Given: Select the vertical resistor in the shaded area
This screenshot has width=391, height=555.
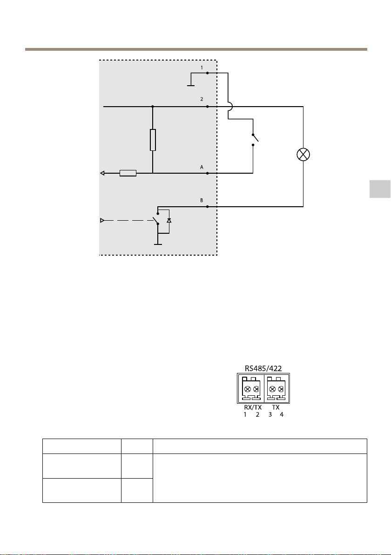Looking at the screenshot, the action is (x=153, y=140).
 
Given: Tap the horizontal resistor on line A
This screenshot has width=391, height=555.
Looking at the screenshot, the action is (x=128, y=173).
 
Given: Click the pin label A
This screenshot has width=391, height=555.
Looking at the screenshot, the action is (x=202, y=167).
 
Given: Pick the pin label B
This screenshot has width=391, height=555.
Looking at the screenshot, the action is (x=202, y=200).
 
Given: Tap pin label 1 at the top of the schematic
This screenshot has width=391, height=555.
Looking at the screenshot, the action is (x=202, y=68).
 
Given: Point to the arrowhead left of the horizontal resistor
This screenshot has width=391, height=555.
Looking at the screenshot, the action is (x=102, y=173).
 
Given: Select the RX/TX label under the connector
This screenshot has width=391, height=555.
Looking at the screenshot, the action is (x=253, y=407).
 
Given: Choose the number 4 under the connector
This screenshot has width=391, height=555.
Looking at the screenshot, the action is (x=281, y=414).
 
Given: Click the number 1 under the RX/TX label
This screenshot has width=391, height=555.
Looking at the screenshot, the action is (x=245, y=414).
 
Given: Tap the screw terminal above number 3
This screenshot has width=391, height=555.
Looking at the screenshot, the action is (x=272, y=389).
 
